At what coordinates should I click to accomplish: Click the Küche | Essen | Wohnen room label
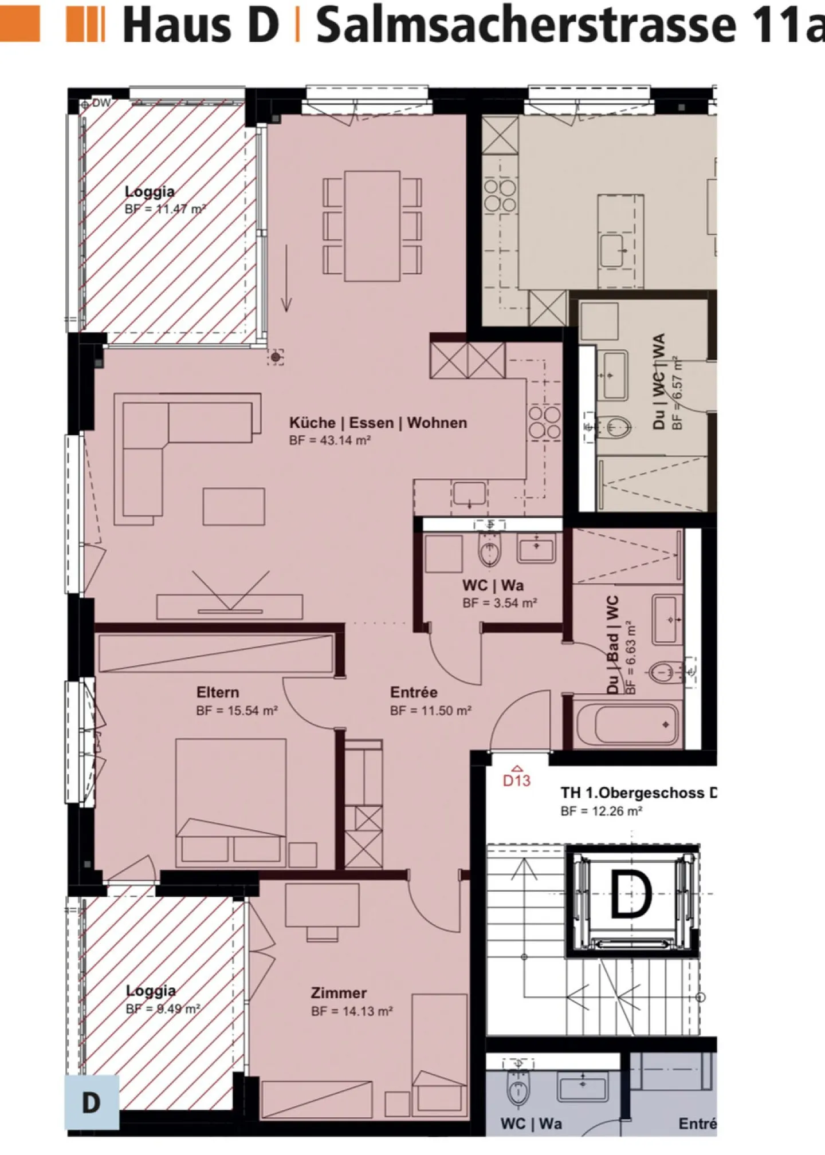(x=378, y=423)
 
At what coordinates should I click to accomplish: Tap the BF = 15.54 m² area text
(x=237, y=711)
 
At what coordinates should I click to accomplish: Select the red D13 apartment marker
(x=516, y=779)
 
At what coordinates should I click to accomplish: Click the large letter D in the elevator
(x=630, y=894)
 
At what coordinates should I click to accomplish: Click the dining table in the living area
(x=372, y=226)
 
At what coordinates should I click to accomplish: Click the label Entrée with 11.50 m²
(x=414, y=692)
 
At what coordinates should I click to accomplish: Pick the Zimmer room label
(x=339, y=993)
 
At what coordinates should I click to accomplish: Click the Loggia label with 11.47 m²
(x=150, y=192)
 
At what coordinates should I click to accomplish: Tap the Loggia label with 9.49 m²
(x=151, y=990)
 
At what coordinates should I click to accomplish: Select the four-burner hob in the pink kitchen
(x=544, y=423)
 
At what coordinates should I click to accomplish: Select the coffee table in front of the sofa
(x=234, y=506)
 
